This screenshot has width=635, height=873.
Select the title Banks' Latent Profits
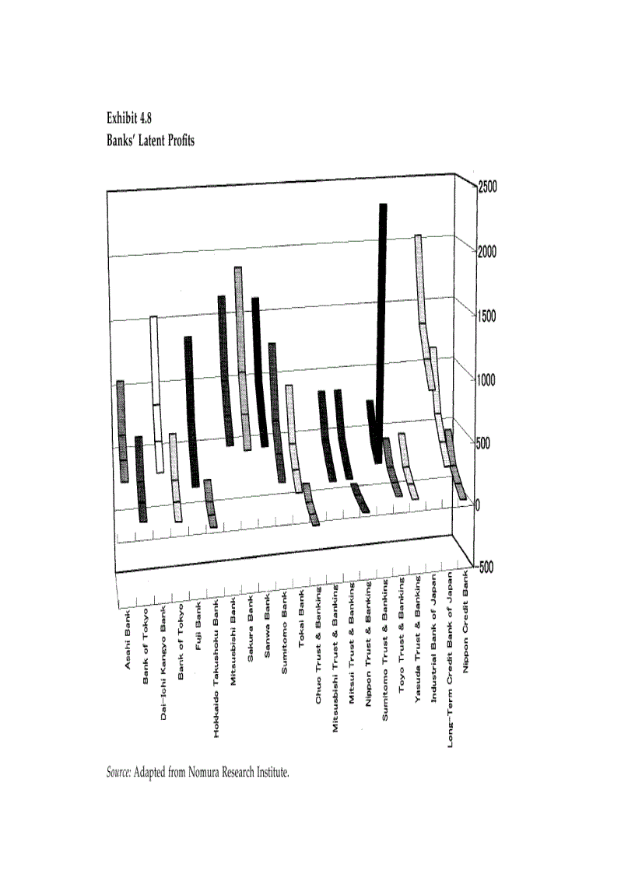click(x=150, y=141)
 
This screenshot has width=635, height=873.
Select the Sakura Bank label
click(x=251, y=634)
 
